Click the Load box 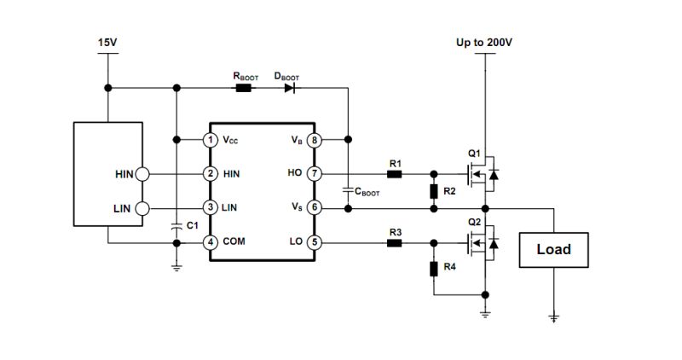coord(553,250)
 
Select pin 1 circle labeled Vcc coord(208,139)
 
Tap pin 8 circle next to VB coord(314,139)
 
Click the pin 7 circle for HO coord(314,173)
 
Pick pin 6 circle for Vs coord(314,207)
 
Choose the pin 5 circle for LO coord(314,242)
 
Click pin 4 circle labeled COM coord(208,242)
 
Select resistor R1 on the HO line coord(394,173)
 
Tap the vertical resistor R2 coord(434,191)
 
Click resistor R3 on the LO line coord(394,242)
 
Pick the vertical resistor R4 coord(434,269)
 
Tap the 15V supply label coord(108,41)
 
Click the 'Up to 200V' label coord(484,41)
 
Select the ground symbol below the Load coord(553,318)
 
